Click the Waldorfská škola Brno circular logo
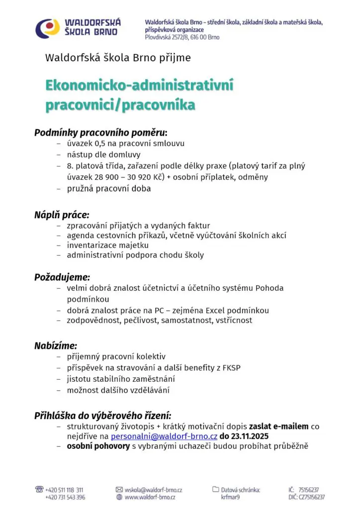coord(47,28)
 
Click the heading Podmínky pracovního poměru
coord(100,133)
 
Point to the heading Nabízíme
coord(56,345)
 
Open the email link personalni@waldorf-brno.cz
coord(164,436)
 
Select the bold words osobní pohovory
coord(98,446)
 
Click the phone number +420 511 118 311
coord(65,490)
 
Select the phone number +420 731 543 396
coord(65,497)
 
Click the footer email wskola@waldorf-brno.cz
coord(153,490)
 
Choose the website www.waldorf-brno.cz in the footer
coord(150,497)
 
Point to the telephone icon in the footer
coord(39,490)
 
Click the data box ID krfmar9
coord(232,497)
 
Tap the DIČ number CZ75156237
coord(312,497)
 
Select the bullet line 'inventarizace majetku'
coord(108,245)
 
